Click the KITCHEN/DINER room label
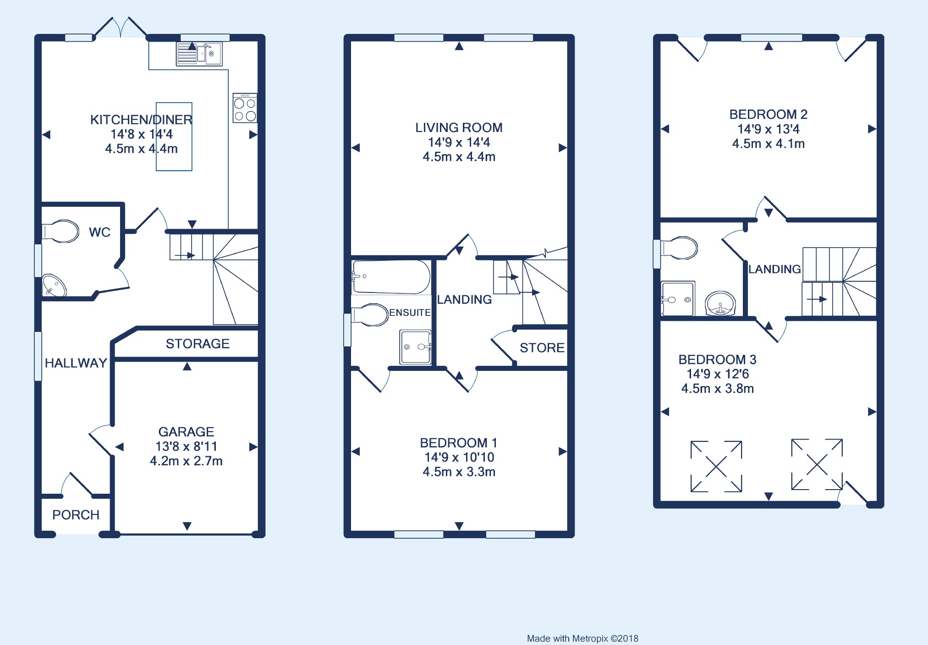[141, 120]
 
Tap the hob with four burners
[245, 108]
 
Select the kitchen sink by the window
[199, 54]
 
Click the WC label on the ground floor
[99, 232]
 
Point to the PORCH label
[76, 515]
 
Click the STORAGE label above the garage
[198, 344]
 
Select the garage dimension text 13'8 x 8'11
[186, 446]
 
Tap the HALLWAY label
[76, 363]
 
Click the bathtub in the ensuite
[391, 277]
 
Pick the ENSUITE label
[410, 313]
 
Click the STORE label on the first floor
[542, 348]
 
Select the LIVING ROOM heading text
[459, 127]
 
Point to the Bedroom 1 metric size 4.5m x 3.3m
[459, 472]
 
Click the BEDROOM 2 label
[769, 114]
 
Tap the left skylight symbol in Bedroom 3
[716, 467]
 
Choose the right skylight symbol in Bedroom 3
[817, 464]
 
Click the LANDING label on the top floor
[774, 269]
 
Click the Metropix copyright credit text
[582, 638]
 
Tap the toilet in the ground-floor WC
[60, 232]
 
